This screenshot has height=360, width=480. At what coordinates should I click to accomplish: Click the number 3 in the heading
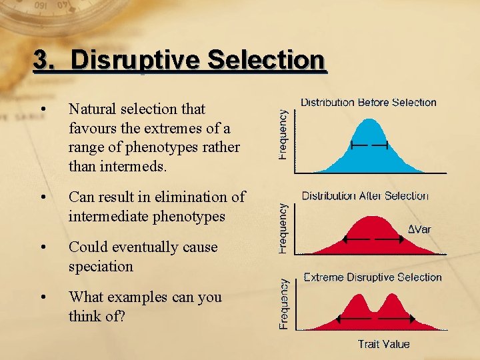[x=41, y=61]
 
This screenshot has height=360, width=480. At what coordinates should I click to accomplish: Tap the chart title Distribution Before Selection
[x=368, y=103]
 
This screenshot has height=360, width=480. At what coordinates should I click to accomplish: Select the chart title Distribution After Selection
[x=365, y=196]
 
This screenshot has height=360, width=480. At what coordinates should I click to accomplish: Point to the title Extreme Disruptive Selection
[x=373, y=277]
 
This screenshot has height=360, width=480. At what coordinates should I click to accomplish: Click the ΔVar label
[x=419, y=229]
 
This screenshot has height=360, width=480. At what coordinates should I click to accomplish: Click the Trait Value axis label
[x=383, y=344]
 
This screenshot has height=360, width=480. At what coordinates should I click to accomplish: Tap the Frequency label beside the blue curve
[x=283, y=135]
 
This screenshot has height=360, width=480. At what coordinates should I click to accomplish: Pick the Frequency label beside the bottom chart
[x=283, y=304]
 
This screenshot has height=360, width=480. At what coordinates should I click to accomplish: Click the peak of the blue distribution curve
[x=369, y=121]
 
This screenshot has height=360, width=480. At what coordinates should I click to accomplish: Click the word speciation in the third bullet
[x=101, y=267]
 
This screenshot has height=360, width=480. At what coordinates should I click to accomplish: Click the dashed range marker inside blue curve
[x=369, y=145]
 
